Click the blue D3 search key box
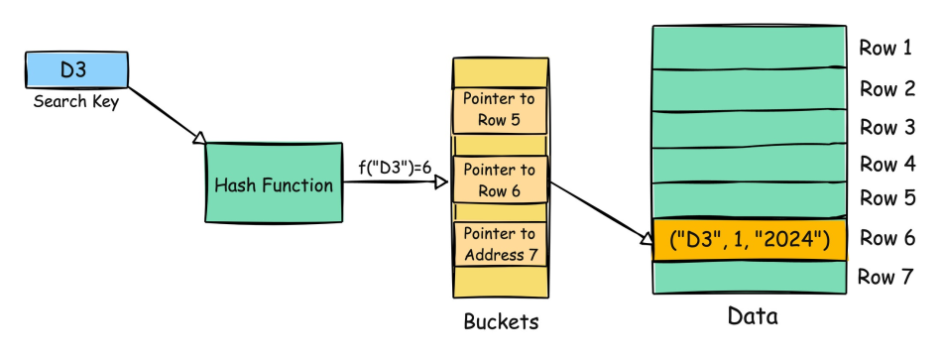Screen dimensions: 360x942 [74, 70]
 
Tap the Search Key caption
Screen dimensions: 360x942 [75, 101]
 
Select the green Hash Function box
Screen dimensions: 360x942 [273, 184]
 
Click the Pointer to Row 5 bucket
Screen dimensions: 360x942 [499, 109]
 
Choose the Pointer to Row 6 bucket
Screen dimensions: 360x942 [499, 180]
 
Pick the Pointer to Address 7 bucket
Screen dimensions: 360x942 [499, 245]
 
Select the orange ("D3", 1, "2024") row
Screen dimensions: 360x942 [749, 239]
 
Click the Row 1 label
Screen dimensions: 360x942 [885, 48]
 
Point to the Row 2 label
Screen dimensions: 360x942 [885, 88]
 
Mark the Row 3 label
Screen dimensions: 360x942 [885, 127]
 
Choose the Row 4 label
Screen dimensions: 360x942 [885, 163]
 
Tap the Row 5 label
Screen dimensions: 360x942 [885, 198]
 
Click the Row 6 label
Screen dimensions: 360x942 [885, 238]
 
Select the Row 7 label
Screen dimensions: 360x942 [885, 277]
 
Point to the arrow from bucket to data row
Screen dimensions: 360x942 [600, 212]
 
